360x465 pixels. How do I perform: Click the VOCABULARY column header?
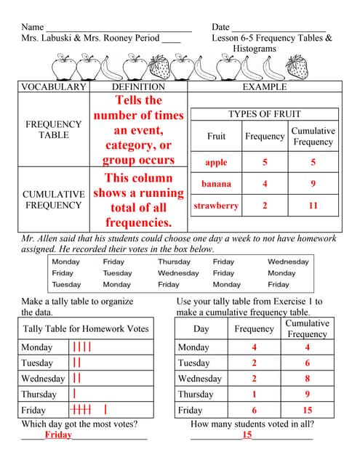click(x=54, y=87)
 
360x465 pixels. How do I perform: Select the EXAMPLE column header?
click(x=264, y=87)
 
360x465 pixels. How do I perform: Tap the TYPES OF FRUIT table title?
click(x=264, y=114)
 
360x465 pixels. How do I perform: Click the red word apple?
click(x=216, y=163)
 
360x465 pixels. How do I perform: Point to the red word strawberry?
click(x=216, y=206)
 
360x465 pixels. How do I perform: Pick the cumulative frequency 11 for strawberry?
click(x=313, y=206)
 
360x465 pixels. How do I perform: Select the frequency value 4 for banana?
click(x=265, y=184)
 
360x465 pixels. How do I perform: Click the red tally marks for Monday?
click(x=81, y=347)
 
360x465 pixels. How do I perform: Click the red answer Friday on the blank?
click(x=58, y=434)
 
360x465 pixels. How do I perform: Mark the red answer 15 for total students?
click(x=247, y=434)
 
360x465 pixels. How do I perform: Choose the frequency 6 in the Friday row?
click(x=254, y=410)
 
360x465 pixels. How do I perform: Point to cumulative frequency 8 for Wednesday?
click(x=307, y=379)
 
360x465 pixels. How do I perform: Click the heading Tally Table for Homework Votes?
click(x=86, y=329)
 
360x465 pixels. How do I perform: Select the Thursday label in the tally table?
click(x=39, y=394)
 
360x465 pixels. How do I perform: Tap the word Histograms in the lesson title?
click(x=255, y=49)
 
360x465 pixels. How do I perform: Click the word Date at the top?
click(x=220, y=27)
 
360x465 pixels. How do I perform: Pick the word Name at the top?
click(x=33, y=27)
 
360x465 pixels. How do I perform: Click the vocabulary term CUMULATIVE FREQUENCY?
click(x=54, y=200)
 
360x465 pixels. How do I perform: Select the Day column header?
click(x=201, y=329)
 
